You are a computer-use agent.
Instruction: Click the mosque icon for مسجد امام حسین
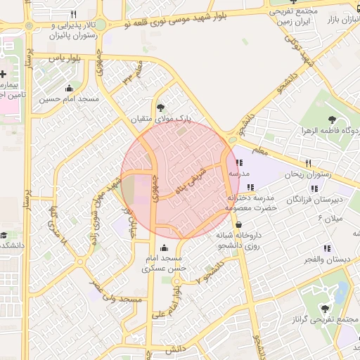tap(69, 89)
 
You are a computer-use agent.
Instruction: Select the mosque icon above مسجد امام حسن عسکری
tap(165, 247)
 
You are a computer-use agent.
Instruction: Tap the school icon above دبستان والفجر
tap(326, 248)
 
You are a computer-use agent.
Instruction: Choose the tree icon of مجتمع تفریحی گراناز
tap(325, 308)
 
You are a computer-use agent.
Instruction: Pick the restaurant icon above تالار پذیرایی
tap(73, 14)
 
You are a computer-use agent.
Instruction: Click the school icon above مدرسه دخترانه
tap(250, 187)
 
